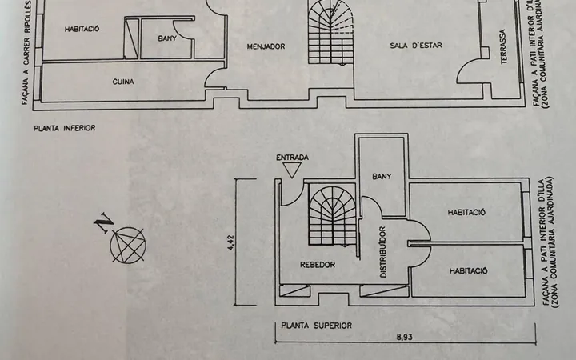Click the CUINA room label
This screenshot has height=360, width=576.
[123, 82]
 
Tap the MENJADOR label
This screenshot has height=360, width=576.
[266, 46]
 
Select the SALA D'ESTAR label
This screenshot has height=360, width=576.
[416, 46]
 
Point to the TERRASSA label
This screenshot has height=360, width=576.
[503, 46]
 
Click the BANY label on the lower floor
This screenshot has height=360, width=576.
[167, 38]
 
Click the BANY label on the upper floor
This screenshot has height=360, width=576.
[382, 177]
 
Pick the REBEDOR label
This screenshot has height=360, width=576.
[318, 265]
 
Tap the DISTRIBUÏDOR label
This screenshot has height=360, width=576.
[382, 252]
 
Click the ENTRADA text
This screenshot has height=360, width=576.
[293, 158]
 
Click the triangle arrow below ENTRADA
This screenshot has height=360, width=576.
[292, 170]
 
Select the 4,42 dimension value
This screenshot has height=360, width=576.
[230, 242]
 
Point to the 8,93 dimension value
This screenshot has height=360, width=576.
[404, 337]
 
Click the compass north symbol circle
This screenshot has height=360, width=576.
[128, 246]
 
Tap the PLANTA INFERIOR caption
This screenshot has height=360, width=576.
[65, 128]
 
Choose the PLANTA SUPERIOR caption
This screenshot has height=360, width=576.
[317, 326]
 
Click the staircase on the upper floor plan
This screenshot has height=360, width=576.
[333, 216]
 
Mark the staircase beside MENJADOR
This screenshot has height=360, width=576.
[331, 33]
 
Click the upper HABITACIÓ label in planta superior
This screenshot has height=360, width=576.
[466, 212]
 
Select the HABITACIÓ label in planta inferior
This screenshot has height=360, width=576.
[82, 29]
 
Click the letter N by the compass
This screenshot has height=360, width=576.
[103, 222]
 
